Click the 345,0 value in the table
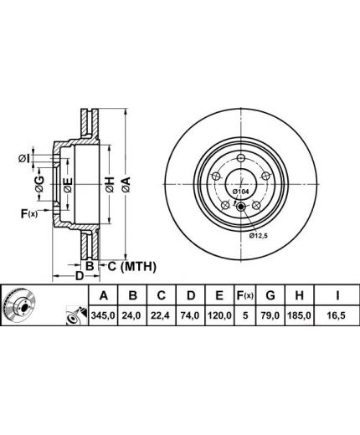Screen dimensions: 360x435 pyautogui.click(x=103, y=315)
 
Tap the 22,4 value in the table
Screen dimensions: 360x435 pyautogui.click(x=162, y=315)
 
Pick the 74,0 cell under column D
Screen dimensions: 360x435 pyautogui.click(x=191, y=315)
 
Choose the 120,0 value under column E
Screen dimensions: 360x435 pyautogui.click(x=219, y=315)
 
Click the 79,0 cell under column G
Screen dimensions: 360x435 pyautogui.click(x=270, y=315)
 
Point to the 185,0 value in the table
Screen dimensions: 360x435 pyautogui.click(x=299, y=315)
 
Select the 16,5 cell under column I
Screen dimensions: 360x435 pyautogui.click(x=337, y=315)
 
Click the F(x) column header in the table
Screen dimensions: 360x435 pyautogui.click(x=244, y=295)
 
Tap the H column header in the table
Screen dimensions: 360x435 pyautogui.click(x=299, y=295)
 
